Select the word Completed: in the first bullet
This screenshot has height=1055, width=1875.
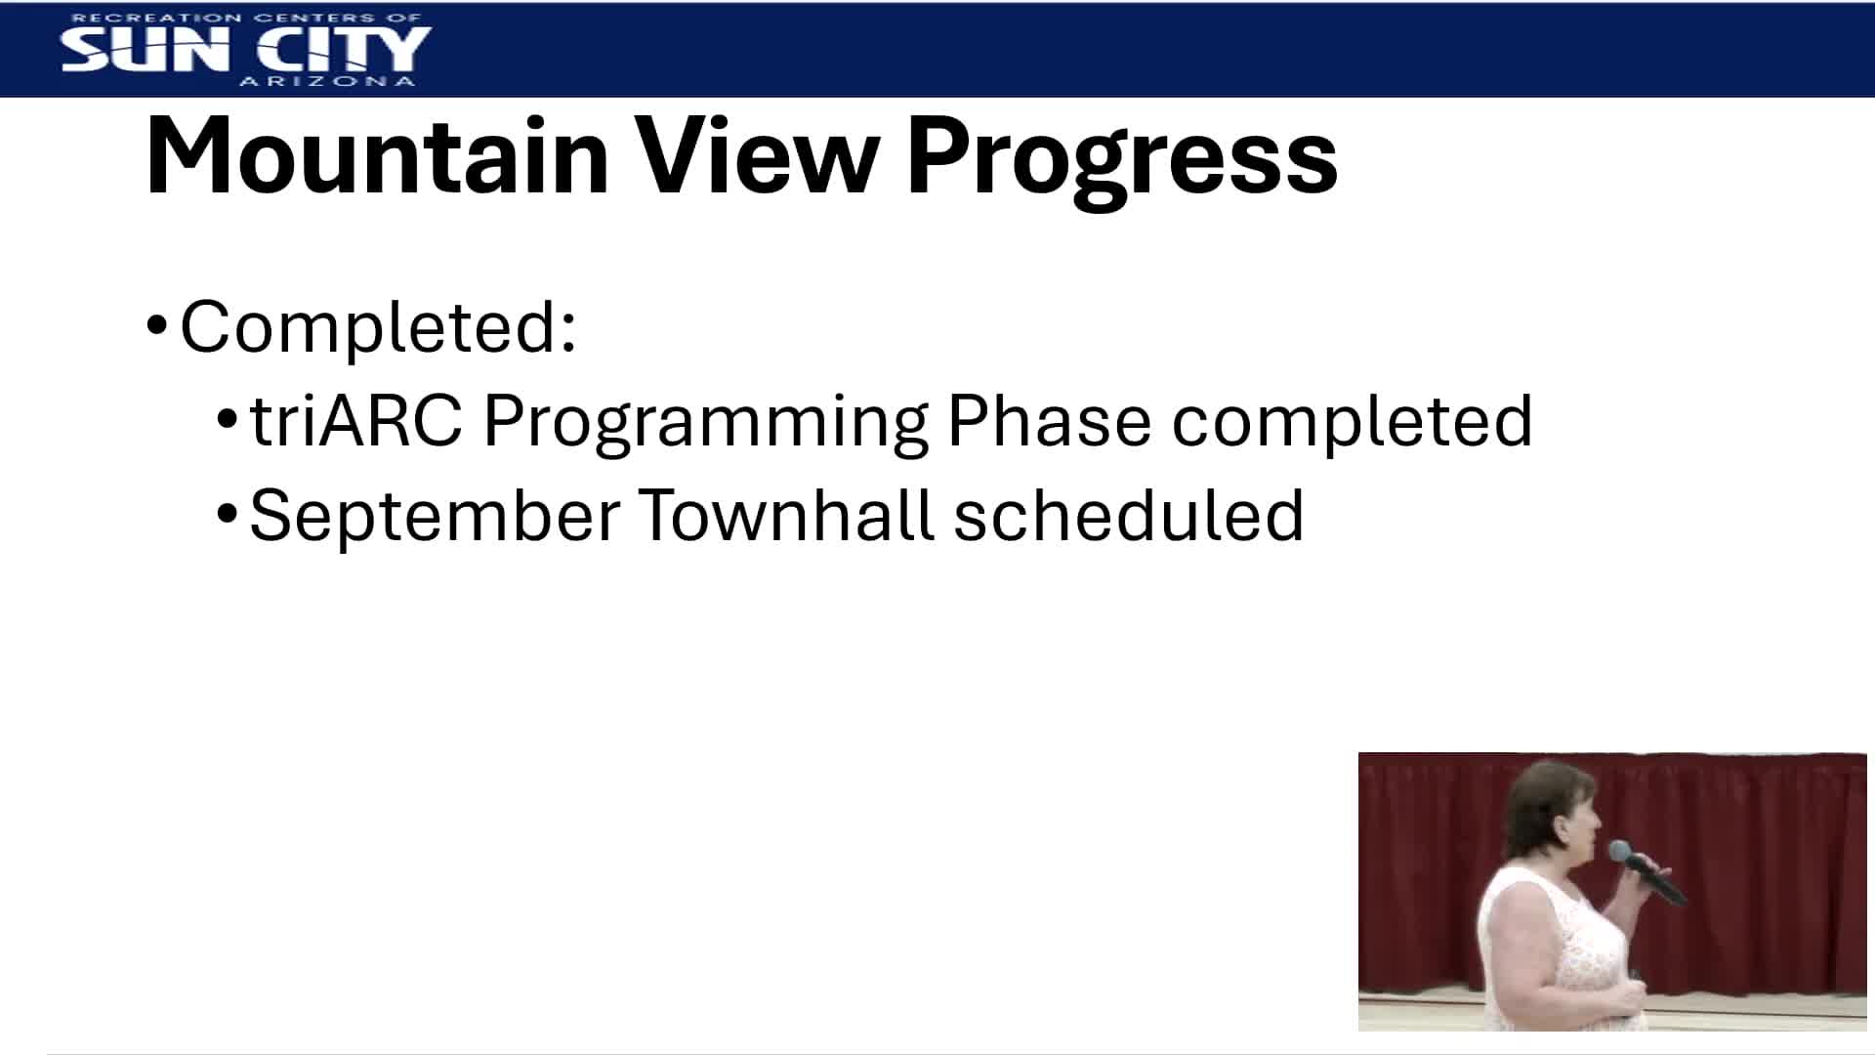[x=379, y=328]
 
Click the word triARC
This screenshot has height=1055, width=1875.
[x=355, y=422]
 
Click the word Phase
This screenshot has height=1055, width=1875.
[x=1049, y=422]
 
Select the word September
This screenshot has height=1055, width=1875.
[x=435, y=517]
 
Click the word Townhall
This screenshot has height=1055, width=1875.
[x=786, y=515]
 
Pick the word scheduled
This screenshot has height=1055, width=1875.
[x=1128, y=516]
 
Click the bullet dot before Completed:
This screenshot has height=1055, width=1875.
[x=157, y=325]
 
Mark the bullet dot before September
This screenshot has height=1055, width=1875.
[x=227, y=513]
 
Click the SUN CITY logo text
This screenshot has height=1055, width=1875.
[x=245, y=48]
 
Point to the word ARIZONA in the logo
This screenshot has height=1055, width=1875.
[x=327, y=82]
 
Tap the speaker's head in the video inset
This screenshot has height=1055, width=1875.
[x=1553, y=811]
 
